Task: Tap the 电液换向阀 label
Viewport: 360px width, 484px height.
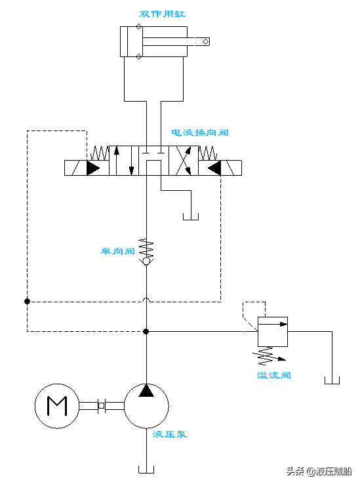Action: point(200,132)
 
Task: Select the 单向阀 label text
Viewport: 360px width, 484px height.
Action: point(117,251)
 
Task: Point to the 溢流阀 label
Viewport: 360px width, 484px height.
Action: point(273,375)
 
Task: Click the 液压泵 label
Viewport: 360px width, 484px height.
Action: point(169,434)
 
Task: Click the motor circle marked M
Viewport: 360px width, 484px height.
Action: point(57,406)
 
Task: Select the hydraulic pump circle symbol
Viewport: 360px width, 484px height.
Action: point(146,406)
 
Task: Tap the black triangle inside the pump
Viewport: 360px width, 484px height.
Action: point(146,392)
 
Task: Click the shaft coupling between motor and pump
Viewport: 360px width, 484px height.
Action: point(101,406)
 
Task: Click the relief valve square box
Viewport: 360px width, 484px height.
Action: point(273,332)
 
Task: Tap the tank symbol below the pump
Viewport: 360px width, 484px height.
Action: point(146,468)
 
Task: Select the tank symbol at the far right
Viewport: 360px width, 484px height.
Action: point(332,380)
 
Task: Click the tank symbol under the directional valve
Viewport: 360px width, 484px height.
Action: point(191,216)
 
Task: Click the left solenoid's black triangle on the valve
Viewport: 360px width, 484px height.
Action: point(92,168)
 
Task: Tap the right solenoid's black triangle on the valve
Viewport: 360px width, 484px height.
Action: point(213,168)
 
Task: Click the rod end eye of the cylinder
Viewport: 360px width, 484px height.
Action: point(207,42)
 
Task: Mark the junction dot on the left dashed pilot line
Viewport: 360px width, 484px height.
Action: point(27,301)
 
